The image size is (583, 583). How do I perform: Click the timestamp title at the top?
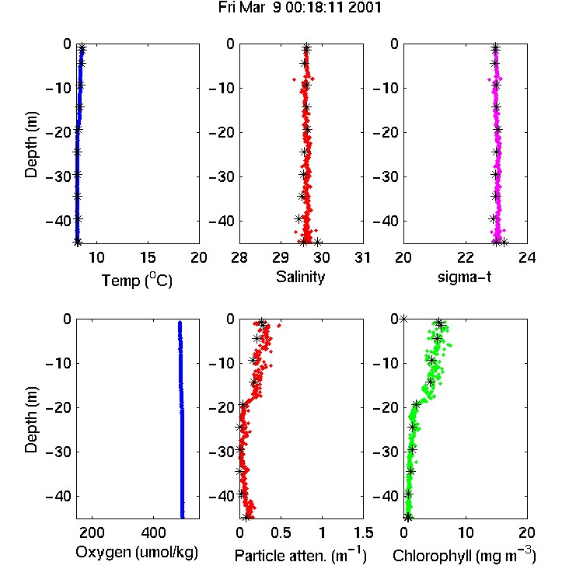[300, 8]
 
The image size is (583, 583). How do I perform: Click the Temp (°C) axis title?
[137, 280]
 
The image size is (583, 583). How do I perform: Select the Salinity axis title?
[300, 277]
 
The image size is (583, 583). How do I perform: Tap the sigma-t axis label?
[464, 277]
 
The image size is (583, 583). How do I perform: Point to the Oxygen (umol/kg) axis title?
[137, 552]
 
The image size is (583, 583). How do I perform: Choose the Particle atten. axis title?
[300, 556]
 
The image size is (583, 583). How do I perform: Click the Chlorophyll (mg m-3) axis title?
[464, 556]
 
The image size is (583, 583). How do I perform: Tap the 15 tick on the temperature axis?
[148, 257]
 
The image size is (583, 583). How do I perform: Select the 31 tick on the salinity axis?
[362, 257]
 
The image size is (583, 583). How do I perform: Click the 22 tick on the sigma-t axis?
[465, 257]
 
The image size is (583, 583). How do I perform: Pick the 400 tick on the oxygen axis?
[153, 532]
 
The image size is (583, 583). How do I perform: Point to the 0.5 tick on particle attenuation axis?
[281, 532]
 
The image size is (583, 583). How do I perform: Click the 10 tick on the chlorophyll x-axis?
[466, 532]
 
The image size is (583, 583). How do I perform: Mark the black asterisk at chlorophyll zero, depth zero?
[403, 319]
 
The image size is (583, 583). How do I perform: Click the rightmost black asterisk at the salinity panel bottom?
[317, 243]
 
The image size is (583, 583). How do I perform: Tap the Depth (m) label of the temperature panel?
[31, 145]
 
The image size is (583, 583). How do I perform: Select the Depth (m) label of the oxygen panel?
[31, 420]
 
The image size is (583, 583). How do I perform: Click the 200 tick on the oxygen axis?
[92, 532]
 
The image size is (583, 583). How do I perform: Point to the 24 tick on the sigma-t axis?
[527, 257]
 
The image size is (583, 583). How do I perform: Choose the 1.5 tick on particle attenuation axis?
[364, 532]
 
